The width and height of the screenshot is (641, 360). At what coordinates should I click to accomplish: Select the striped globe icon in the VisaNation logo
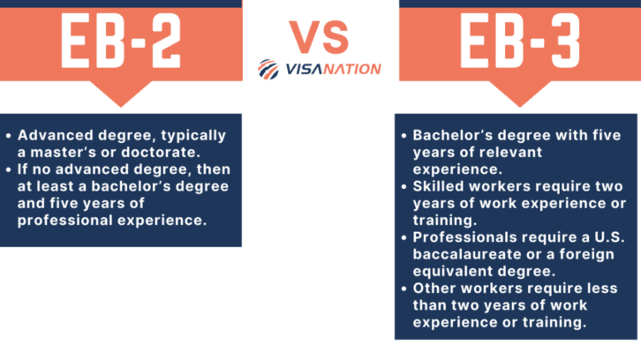(x=269, y=69)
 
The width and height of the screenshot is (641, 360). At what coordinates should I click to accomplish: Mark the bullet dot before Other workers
(x=403, y=289)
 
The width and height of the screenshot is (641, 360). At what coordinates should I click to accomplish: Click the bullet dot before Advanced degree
(x=8, y=136)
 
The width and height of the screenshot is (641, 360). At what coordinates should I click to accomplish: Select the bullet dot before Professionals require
(x=403, y=237)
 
